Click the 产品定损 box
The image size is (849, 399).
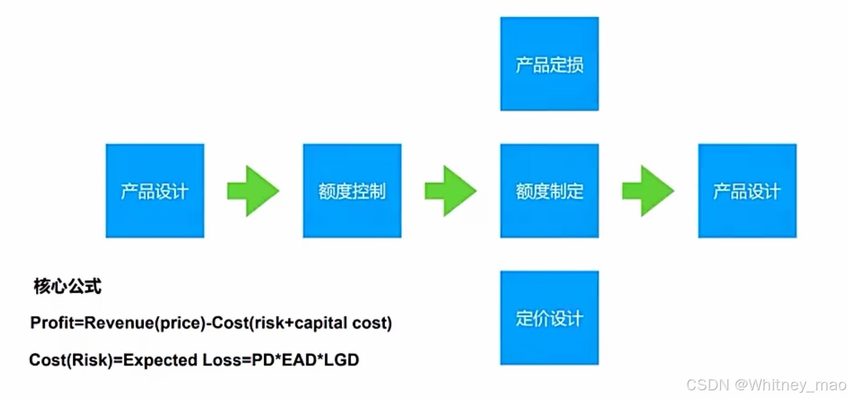point(549,64)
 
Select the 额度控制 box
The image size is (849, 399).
point(352,191)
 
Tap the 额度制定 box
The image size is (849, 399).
point(549,191)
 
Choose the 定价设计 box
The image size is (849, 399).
point(549,318)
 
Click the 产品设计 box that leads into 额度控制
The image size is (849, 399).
point(155,191)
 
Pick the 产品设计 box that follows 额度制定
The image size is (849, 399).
point(747,191)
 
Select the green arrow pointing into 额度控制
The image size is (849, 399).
point(253,191)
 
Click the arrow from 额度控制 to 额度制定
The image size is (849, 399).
point(450,191)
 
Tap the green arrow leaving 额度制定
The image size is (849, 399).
point(647,191)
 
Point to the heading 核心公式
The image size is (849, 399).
point(67,287)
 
